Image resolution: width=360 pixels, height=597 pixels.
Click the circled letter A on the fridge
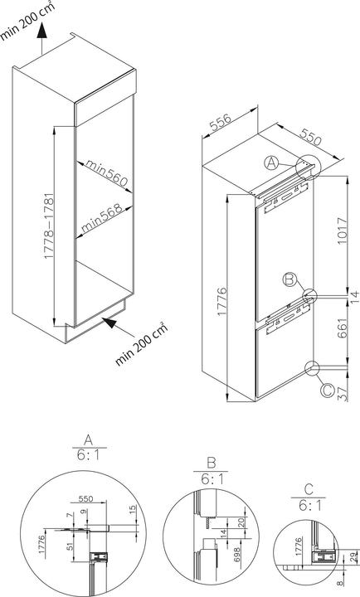pos(271,163)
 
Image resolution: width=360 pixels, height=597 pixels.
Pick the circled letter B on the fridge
pos(288,280)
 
